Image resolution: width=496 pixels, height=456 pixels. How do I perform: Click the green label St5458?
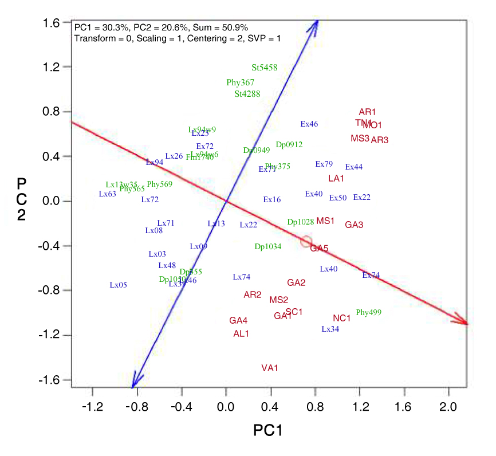coord(265,68)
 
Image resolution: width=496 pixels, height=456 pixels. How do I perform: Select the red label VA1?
coord(270,368)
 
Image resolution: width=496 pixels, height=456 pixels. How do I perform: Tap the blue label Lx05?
coord(119,285)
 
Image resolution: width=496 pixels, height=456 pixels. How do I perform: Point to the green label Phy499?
coord(369,313)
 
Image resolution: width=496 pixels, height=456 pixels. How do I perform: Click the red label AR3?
coord(380,140)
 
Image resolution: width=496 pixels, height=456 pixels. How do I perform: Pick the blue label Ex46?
coord(309,124)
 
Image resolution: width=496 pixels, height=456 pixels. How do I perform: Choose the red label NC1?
coord(342,318)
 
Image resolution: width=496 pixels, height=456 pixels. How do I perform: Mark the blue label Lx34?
coord(330,329)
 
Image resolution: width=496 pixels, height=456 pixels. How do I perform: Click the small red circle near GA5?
coord(306,242)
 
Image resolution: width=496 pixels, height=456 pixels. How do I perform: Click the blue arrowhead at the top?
coord(314,25)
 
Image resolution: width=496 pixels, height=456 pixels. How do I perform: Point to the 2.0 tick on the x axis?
coord(449,406)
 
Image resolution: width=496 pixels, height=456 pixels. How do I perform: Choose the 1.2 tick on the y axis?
coord(53,67)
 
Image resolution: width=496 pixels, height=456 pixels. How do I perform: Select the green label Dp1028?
coord(301,222)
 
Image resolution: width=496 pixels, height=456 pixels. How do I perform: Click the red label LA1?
coord(336,178)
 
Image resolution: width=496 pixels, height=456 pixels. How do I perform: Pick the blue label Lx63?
coord(108,194)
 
